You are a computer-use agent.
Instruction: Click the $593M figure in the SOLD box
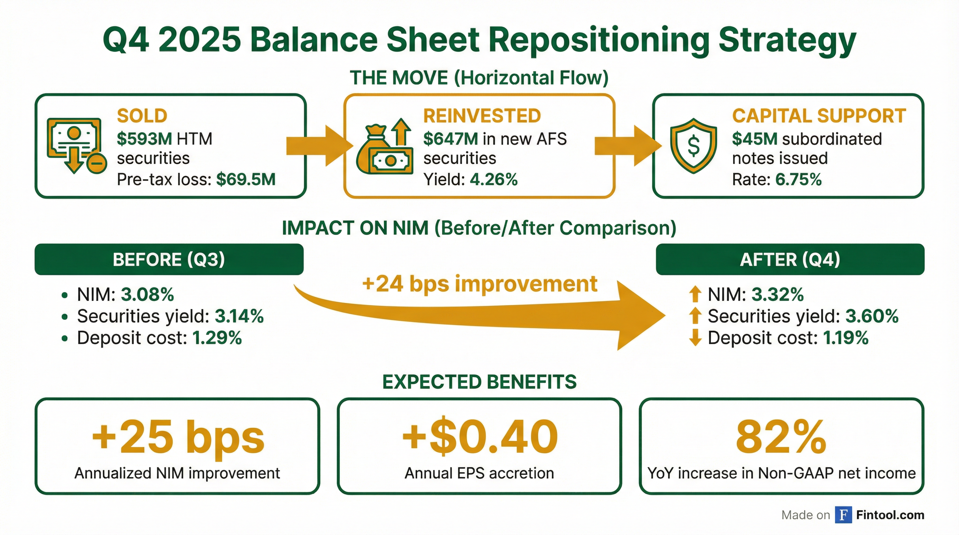coord(144,139)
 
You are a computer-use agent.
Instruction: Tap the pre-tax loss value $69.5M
coord(246,180)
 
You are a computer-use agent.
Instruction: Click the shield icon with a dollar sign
coord(693,146)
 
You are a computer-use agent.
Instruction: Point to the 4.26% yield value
coord(494,180)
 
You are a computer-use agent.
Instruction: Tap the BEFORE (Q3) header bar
coord(169,259)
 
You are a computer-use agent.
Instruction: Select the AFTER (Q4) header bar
coord(790,259)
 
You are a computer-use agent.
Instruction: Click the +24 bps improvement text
coord(479,284)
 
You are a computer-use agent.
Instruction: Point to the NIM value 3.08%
coord(147,295)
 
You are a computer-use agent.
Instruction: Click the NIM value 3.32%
coord(777,295)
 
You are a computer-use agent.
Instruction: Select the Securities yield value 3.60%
coord(872,316)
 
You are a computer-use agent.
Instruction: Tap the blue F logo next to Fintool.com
coord(843,515)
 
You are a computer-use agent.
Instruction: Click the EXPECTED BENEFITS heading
coord(479,382)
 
